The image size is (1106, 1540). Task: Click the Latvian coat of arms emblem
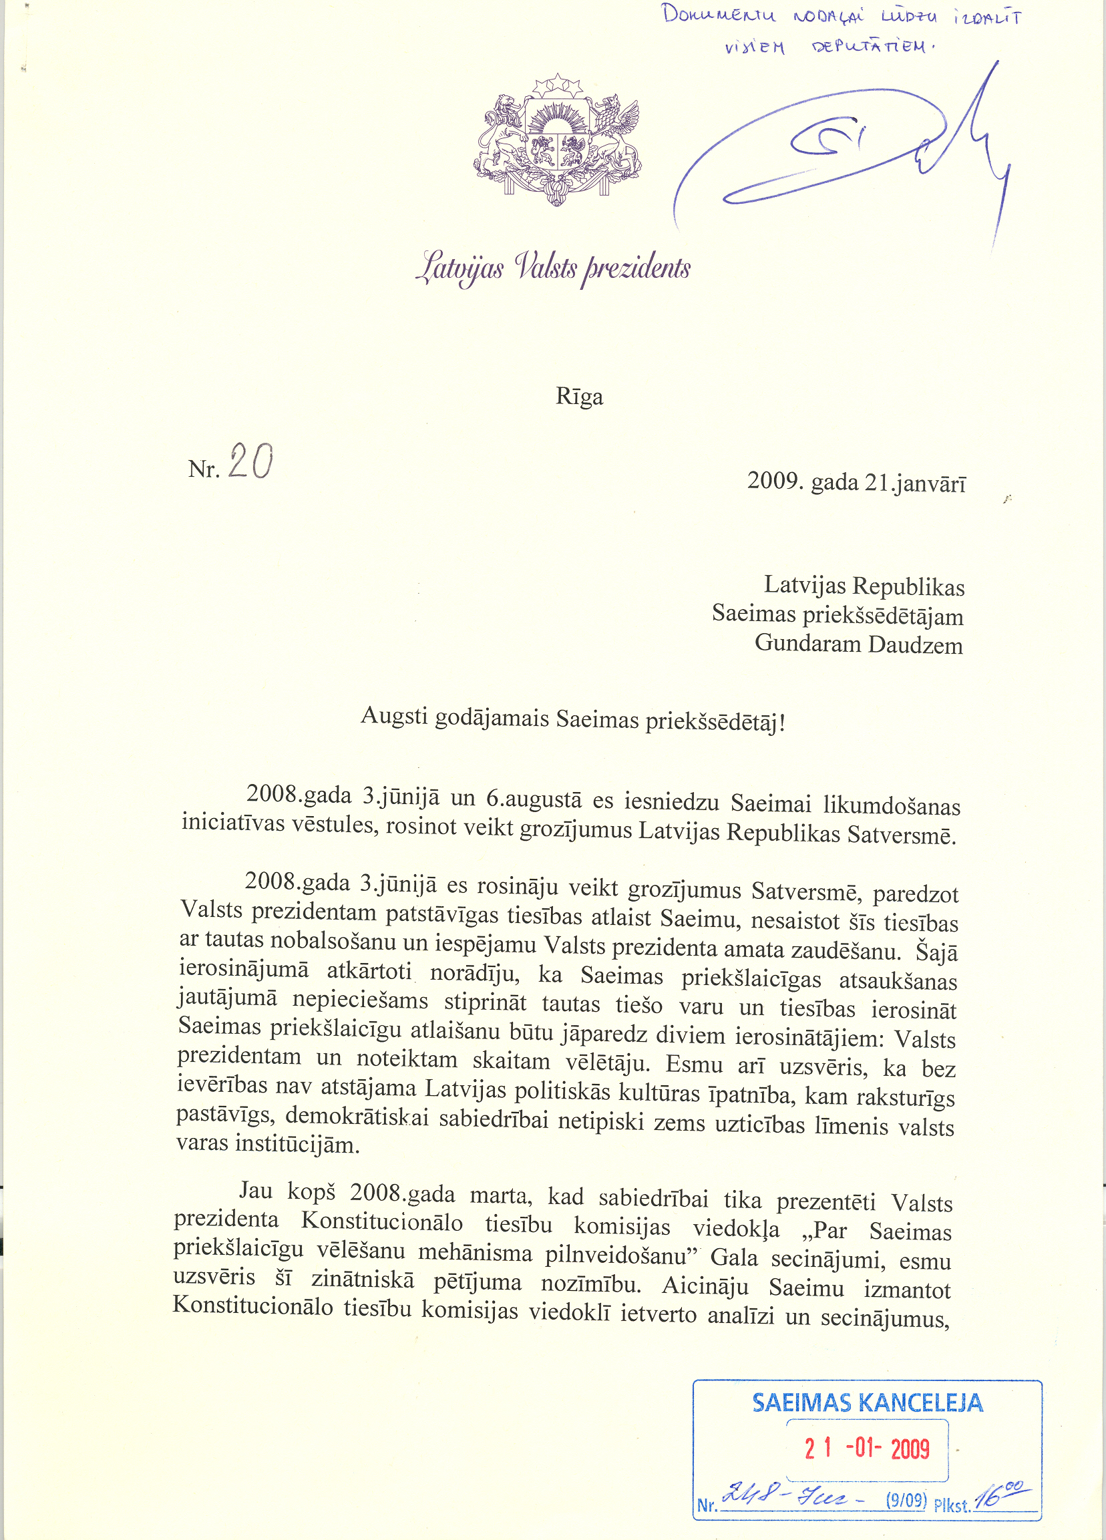[557, 141]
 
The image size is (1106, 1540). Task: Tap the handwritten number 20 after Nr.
[250, 461]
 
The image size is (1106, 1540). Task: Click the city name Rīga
[579, 396]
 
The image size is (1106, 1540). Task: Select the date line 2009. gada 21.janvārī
[856, 482]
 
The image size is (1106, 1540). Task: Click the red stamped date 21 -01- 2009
[867, 1449]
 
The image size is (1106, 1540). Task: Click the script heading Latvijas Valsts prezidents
[554, 268]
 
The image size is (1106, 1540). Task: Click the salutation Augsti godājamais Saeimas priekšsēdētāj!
[573, 720]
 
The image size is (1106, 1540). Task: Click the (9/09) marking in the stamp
[906, 1500]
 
